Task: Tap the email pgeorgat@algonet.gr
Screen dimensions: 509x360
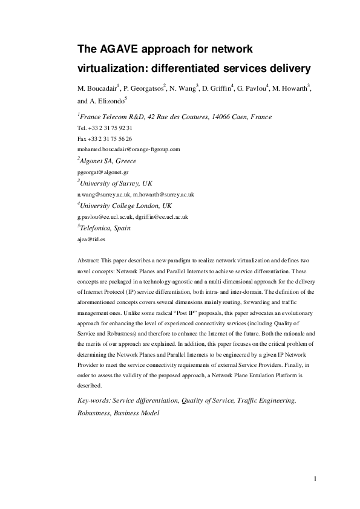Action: pyautogui.click(x=102, y=172)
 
